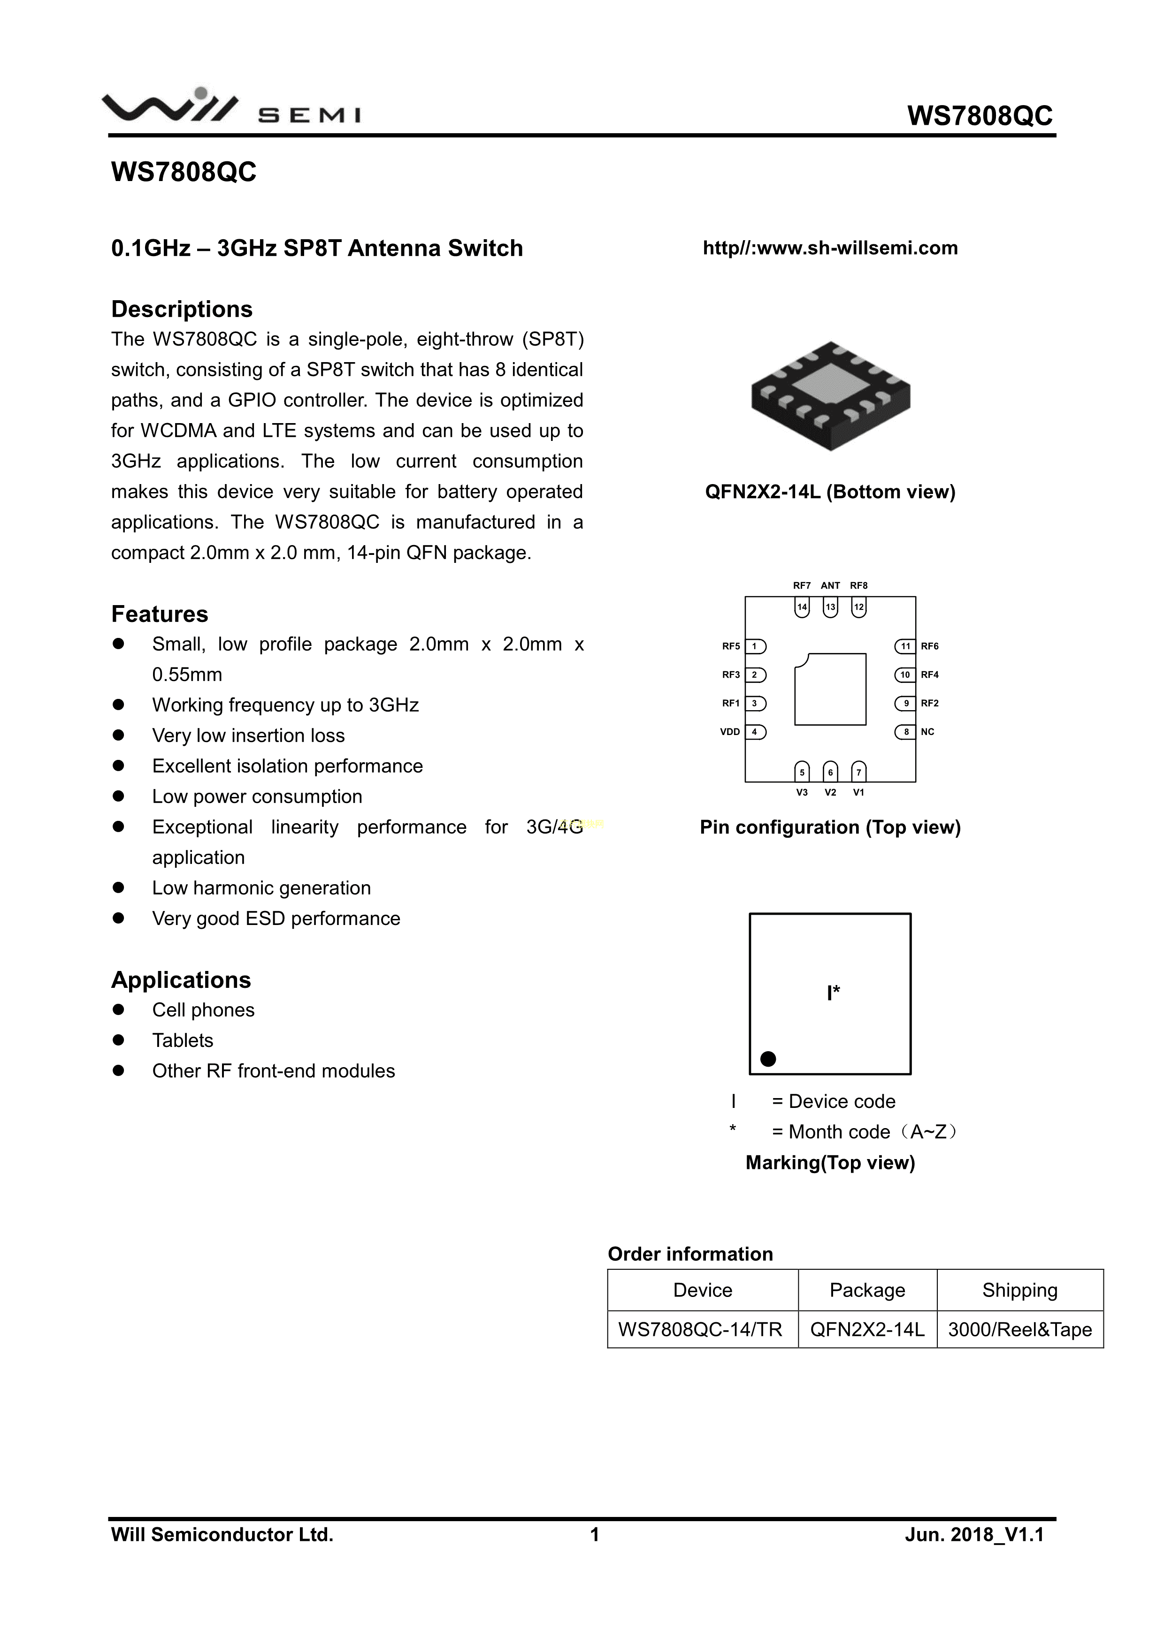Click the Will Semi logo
tap(231, 107)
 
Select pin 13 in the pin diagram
tap(830, 607)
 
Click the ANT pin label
tap(830, 585)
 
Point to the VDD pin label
tap(730, 732)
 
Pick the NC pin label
tap(927, 732)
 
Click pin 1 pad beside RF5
tap(756, 646)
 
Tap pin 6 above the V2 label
tap(830, 772)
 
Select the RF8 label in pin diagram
tap(858, 585)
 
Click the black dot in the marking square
tap(768, 1058)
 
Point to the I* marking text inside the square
tap(833, 993)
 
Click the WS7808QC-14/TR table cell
tap(703, 1329)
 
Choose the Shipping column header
tap(1019, 1289)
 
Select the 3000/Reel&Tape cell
tap(1019, 1329)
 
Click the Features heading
tap(159, 614)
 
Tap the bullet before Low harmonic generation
tap(119, 887)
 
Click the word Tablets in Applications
tap(183, 1040)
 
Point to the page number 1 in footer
tap(594, 1534)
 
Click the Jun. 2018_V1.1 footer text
tap(974, 1534)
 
